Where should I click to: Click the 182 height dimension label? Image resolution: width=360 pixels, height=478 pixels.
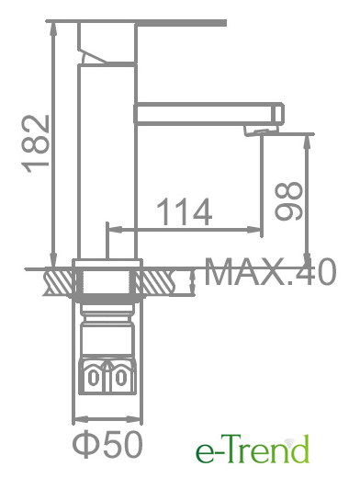point(36,143)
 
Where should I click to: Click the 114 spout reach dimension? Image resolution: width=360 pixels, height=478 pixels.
point(185,211)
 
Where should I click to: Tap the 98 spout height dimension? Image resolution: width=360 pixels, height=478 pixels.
point(288,201)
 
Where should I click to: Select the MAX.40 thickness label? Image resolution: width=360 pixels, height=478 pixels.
point(270,272)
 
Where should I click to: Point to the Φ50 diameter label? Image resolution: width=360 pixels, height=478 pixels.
point(107,444)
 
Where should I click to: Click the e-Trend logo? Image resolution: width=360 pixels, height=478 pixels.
point(253,450)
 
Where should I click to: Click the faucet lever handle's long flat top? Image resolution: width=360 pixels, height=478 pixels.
point(136,23)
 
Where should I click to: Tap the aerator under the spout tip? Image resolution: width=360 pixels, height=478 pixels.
point(261,131)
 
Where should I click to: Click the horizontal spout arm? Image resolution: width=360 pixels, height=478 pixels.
point(209,114)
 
